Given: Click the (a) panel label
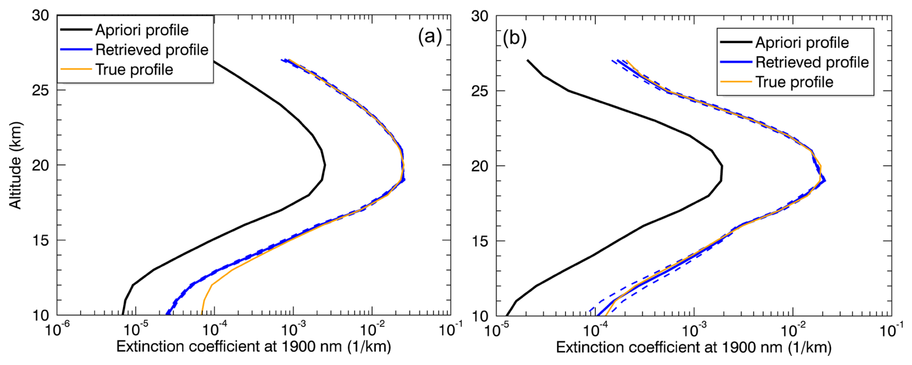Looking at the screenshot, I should point(430,36).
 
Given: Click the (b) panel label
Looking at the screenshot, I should point(514,38).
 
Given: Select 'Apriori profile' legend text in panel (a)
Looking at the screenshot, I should point(142,30).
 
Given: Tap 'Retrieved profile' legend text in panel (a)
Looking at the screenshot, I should point(152,50).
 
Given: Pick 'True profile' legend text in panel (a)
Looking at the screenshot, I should point(134,69).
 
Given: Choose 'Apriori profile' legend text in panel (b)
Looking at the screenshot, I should point(802,42).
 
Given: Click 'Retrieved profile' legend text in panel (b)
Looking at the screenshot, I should point(812,62).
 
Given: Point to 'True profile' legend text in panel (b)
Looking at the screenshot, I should point(794,82).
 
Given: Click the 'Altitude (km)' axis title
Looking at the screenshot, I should point(16,165).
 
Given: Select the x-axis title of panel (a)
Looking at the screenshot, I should point(254,346).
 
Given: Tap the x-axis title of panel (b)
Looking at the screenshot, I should point(694,347).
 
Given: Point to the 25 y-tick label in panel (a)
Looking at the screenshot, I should point(40,90).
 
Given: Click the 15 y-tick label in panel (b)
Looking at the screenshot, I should point(480,241).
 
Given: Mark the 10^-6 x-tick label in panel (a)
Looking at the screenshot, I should point(57,330).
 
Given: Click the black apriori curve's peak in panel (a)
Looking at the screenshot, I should point(325,165).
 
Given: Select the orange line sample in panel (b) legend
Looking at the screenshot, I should point(736,82).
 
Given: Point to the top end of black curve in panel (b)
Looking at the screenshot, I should point(528,60).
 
